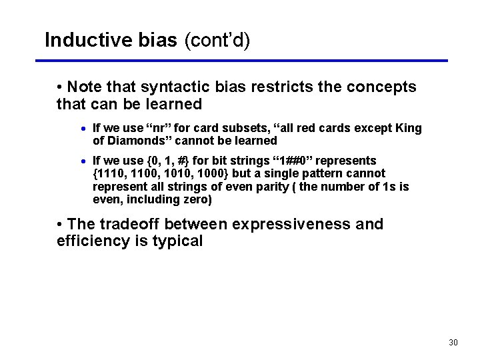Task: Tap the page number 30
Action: coord(453,343)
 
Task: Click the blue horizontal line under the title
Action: coord(240,61)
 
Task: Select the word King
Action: coord(408,128)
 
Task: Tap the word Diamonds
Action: coord(135,141)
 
